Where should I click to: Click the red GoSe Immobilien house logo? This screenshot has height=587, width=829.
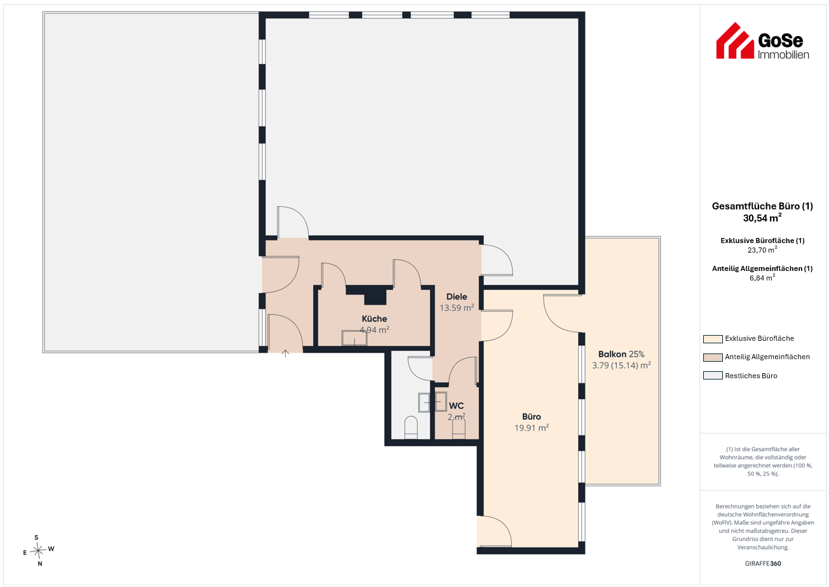point(734,41)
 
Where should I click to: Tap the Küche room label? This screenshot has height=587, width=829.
point(374,319)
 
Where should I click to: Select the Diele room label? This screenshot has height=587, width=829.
point(456,296)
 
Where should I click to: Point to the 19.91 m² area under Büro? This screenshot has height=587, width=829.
point(532,428)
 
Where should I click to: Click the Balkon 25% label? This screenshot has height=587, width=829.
point(621,354)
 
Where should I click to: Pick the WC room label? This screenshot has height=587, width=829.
point(456,406)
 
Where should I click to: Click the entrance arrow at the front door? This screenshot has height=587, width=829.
point(285,353)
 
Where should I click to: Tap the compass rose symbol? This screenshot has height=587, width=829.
point(38,551)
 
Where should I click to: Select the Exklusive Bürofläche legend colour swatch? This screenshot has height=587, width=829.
point(712,339)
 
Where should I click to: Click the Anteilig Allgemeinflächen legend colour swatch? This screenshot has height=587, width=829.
point(712,357)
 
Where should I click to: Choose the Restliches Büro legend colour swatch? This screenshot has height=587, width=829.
point(712,376)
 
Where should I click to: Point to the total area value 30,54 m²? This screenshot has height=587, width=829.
point(762,218)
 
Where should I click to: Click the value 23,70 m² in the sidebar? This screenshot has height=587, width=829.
point(762,250)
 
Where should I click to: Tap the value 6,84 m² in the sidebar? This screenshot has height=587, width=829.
point(762,277)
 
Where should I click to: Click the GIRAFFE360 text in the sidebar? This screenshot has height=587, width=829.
point(763,564)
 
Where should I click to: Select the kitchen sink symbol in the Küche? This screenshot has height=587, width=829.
point(354,338)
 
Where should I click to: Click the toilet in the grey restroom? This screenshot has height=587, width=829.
point(411,428)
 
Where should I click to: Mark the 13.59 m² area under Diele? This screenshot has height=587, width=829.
point(456,308)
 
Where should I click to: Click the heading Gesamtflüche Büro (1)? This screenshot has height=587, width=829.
point(762,206)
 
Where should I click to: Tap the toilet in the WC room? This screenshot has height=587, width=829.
point(459,428)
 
